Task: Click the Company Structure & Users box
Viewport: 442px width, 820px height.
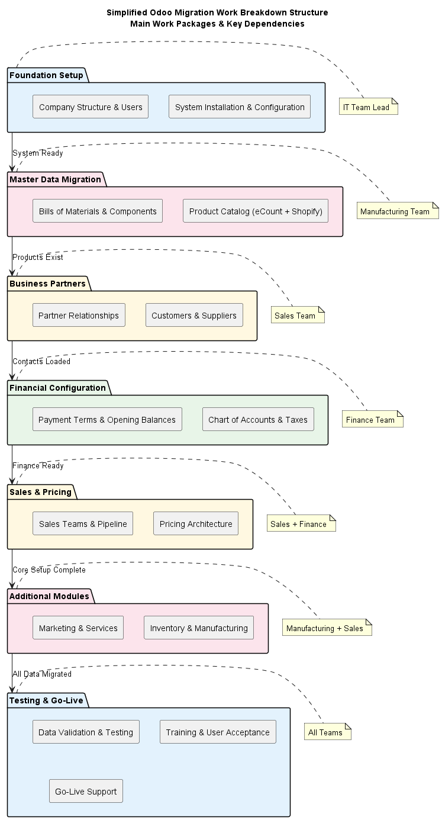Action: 91,107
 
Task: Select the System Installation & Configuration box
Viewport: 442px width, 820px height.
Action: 240,107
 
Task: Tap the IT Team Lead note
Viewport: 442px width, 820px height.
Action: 369,107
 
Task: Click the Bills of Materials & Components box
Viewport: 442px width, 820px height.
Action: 98,211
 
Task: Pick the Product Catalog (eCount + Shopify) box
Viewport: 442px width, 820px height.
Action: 256,211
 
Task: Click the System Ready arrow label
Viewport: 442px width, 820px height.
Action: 38,153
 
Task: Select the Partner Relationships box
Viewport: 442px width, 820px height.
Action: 79,316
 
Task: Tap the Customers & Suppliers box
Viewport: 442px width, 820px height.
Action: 194,316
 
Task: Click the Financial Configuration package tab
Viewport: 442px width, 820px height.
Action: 57,388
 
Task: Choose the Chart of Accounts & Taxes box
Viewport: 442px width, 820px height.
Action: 258,420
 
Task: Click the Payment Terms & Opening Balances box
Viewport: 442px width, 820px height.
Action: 107,420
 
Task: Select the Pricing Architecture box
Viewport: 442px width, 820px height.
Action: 196,524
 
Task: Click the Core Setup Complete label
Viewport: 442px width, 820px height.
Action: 49,570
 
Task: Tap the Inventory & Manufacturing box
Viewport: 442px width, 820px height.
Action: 199,628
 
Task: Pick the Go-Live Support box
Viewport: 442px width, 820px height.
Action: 86,792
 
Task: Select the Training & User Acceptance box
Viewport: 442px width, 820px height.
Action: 218,732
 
